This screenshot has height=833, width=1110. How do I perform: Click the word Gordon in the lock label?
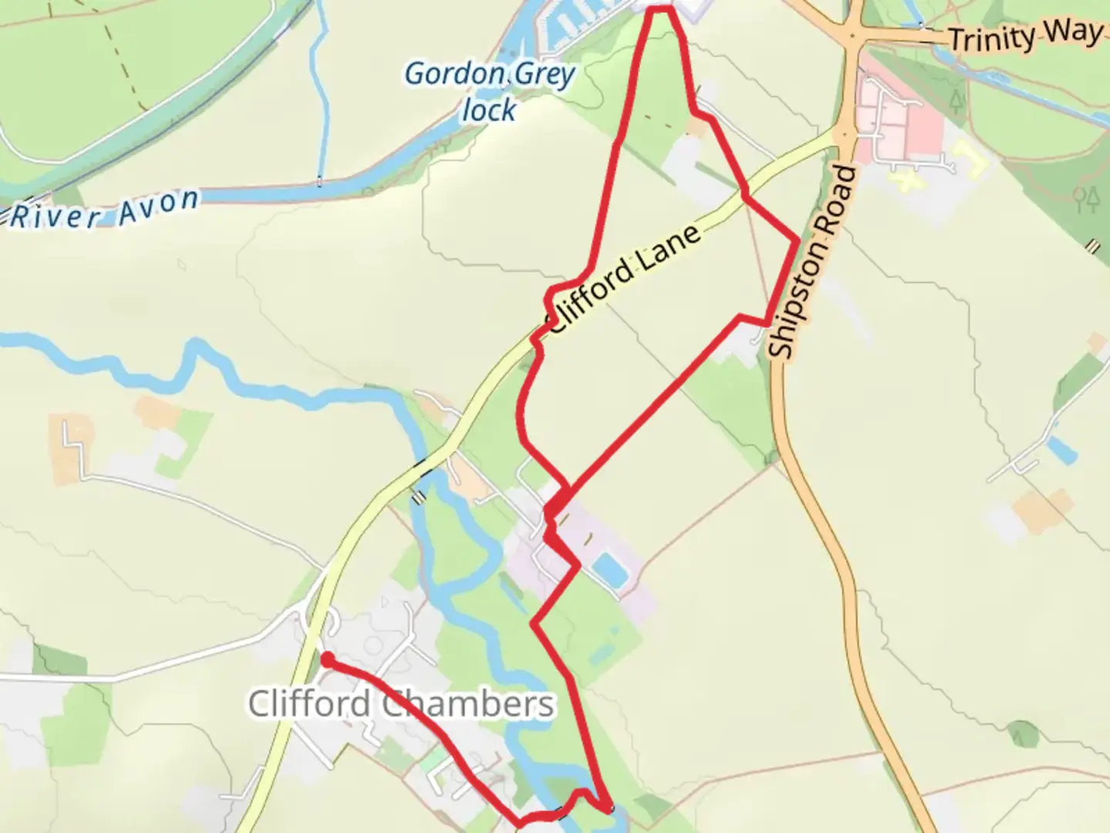point(453,75)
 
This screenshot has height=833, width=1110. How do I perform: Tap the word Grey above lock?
point(545,76)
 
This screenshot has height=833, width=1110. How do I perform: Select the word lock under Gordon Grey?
point(489,110)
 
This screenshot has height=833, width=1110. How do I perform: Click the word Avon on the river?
point(159,205)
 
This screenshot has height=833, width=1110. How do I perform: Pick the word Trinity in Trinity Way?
point(991,38)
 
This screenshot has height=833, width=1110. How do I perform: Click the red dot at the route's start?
point(327,659)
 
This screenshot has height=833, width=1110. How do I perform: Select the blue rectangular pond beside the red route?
point(610,569)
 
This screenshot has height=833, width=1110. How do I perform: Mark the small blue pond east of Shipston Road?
point(1061,449)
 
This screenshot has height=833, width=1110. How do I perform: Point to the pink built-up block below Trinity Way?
point(902,116)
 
